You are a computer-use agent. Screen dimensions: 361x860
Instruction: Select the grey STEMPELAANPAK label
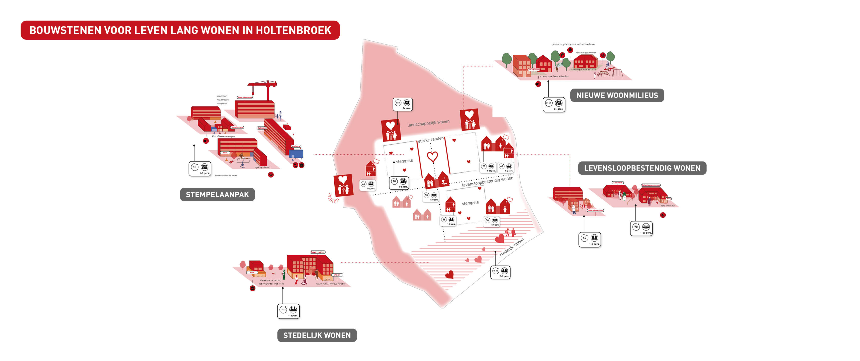(217, 194)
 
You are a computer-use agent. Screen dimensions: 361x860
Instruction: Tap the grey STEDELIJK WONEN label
(317, 335)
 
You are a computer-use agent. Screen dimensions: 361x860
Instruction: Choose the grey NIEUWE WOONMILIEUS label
(617, 95)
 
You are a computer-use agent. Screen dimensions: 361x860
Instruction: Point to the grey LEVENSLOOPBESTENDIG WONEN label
(642, 168)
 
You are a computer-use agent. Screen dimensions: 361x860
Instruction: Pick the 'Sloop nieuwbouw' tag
(245, 97)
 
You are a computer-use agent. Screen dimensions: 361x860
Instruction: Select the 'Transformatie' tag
(237, 127)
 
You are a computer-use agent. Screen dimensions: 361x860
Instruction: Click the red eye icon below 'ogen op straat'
(271, 174)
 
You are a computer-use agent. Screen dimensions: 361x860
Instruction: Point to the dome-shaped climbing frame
(603, 74)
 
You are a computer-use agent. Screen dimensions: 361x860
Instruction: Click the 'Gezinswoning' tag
(534, 70)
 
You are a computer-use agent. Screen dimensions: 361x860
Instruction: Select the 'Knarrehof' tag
(617, 182)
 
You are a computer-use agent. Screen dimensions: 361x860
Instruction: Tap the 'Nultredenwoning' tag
(595, 210)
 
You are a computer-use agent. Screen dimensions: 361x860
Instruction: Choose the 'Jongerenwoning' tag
(317, 252)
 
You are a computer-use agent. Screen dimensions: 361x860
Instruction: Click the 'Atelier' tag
(337, 275)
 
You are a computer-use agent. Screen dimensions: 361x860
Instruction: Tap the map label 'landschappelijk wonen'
(428, 123)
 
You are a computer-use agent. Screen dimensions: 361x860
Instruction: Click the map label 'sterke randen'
(431, 139)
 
